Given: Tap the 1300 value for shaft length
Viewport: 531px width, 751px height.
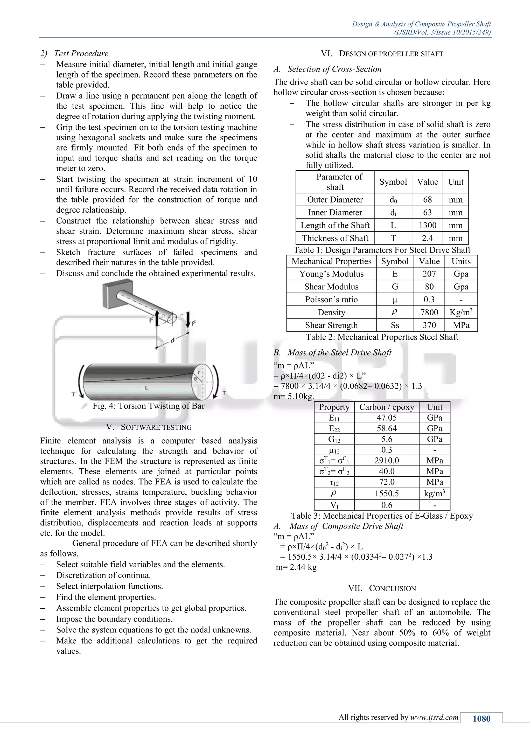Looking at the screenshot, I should click(x=427, y=225).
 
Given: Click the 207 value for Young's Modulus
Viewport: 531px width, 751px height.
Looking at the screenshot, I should click(x=429, y=274).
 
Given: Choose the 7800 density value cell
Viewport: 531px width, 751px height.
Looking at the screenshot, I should click(x=429, y=312).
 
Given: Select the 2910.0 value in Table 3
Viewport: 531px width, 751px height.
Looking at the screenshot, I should click(x=387, y=461).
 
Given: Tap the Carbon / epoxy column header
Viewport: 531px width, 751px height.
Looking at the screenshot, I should click(x=387, y=407).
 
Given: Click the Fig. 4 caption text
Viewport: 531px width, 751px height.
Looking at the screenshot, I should click(x=149, y=406).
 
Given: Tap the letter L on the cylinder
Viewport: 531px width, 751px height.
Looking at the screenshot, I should click(x=146, y=388).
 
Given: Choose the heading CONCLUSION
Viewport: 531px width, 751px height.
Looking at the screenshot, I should click(x=382, y=588).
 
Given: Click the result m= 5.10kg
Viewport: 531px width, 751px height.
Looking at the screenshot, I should click(x=294, y=397).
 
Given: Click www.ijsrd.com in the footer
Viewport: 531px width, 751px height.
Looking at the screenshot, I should click(x=434, y=717).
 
